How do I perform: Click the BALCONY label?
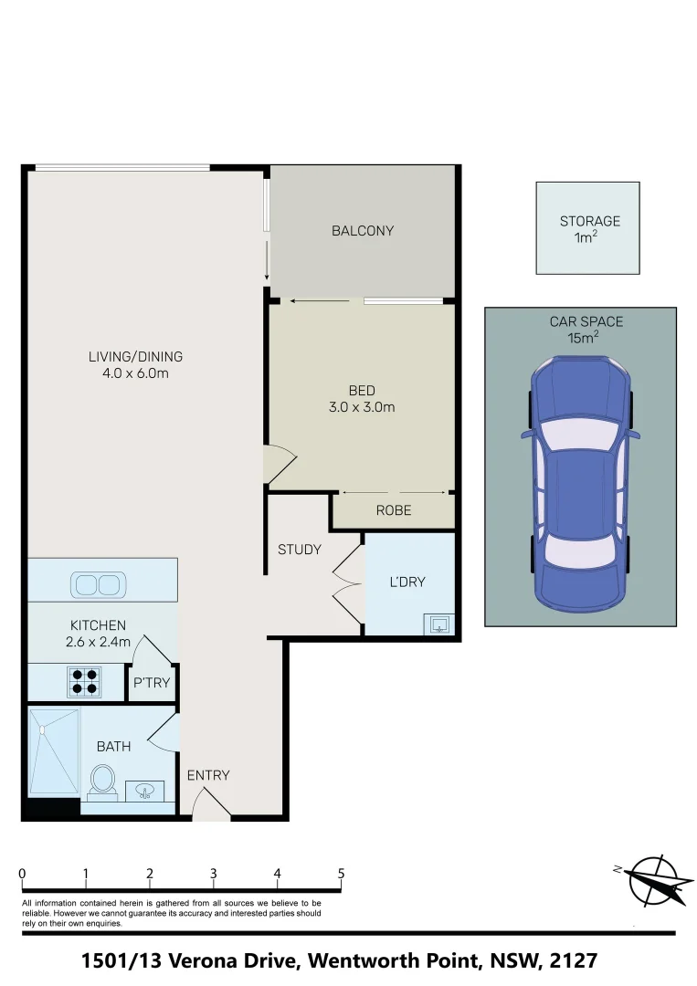363,231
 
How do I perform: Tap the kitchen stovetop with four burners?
85,682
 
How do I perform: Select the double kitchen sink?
97,584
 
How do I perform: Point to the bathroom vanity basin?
144,790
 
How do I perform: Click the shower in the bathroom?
54,751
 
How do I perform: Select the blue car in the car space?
581,484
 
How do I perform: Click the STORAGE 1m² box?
587,228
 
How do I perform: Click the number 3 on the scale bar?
213,874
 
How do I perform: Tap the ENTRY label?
208,775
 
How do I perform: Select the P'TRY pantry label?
152,682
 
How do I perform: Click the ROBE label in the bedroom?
394,510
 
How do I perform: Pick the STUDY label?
300,550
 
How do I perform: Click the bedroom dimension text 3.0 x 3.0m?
362,407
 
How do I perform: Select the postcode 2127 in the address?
575,960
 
